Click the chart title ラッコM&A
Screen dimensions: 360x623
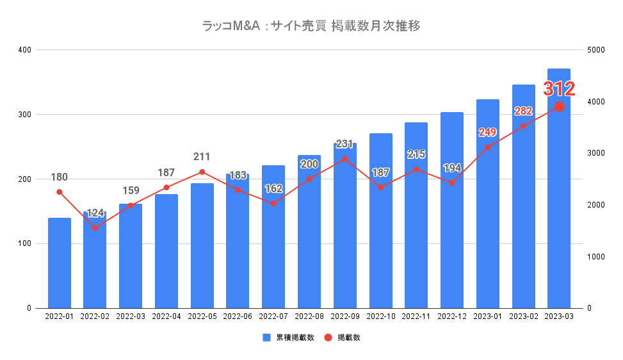[x=311, y=26]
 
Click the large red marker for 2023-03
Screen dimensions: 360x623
[x=559, y=106]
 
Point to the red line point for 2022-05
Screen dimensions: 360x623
[x=202, y=172]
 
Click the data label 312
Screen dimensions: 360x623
[x=559, y=89]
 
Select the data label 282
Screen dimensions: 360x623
[x=523, y=111]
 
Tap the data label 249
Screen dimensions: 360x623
[x=487, y=132]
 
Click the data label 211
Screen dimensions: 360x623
[x=202, y=157]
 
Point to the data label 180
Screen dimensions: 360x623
[x=59, y=177]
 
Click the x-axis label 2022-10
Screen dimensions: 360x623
[x=380, y=316]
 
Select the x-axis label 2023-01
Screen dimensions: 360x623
[x=487, y=316]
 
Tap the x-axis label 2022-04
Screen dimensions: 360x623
[x=166, y=316]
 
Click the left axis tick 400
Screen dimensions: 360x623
[x=24, y=50]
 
